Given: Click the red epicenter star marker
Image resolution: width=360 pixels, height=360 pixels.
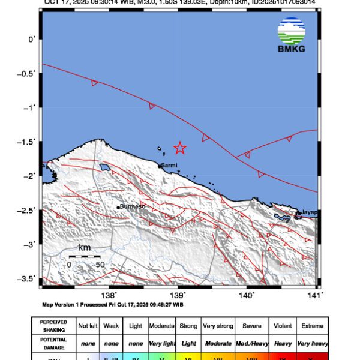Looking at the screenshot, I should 179,148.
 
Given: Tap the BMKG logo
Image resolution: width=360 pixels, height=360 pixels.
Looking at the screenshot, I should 291,35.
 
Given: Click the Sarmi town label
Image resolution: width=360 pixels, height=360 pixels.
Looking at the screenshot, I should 169,164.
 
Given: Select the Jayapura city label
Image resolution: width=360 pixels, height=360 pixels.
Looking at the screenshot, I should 308,212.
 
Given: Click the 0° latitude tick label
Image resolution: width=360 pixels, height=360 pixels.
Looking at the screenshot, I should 32,39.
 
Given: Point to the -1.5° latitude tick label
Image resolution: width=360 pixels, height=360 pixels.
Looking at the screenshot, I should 28,142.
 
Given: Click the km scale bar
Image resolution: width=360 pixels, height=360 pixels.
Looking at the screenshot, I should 85,256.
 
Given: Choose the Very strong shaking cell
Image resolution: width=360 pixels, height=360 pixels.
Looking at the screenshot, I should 218,326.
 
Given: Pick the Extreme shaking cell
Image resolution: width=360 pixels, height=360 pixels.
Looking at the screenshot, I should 312,326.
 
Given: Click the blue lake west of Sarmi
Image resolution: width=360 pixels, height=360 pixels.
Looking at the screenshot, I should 106,167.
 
